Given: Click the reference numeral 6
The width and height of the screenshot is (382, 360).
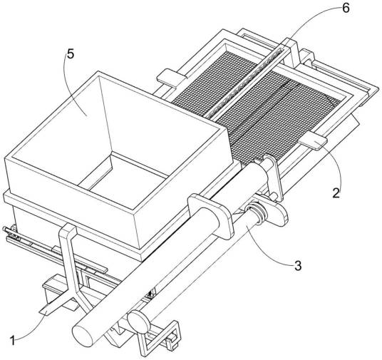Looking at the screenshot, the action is pos(346,8).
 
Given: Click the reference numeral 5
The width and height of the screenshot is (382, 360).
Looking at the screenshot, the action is pos(70,54).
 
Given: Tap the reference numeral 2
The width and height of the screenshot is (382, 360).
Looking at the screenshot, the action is pos(336,193).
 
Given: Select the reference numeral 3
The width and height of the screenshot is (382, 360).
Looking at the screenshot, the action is pos(298,265).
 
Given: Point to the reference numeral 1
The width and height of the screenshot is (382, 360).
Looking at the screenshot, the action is pos(13,340).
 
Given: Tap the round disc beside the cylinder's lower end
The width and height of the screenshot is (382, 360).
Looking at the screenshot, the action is pos(138,322).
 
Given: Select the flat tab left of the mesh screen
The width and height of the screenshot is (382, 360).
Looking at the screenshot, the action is pos(172,78).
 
